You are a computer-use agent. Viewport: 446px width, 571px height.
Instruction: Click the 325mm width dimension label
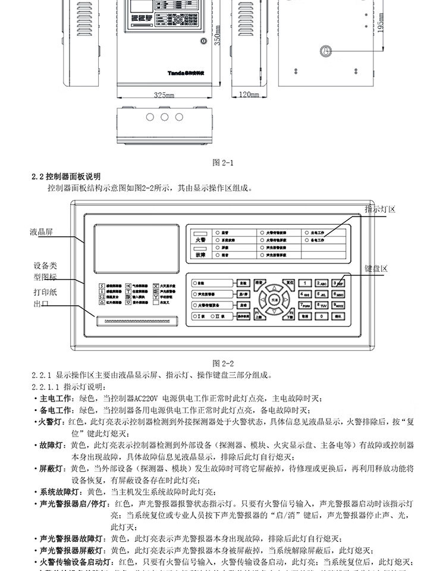pos(163,95)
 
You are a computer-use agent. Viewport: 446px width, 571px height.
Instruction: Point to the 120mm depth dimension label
pos(250,95)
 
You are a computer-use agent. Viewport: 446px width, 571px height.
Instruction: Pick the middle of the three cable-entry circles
pos(163,117)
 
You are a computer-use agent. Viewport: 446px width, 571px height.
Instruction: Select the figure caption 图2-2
pos(223,363)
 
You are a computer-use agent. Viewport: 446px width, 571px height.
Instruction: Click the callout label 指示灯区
pos(380,210)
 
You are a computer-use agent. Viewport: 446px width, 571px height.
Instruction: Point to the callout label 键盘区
pos(376,269)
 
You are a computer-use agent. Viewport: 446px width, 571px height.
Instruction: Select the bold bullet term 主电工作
pos(56,399)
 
